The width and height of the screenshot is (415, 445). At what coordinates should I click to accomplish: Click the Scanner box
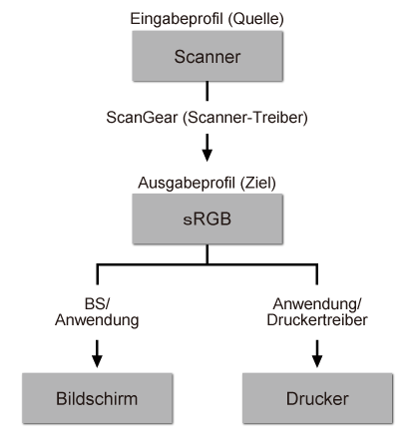pos(207,57)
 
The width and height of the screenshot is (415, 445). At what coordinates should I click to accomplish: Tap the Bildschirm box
pos(98,398)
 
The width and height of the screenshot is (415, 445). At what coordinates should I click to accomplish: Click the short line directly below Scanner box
pos(207,92)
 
